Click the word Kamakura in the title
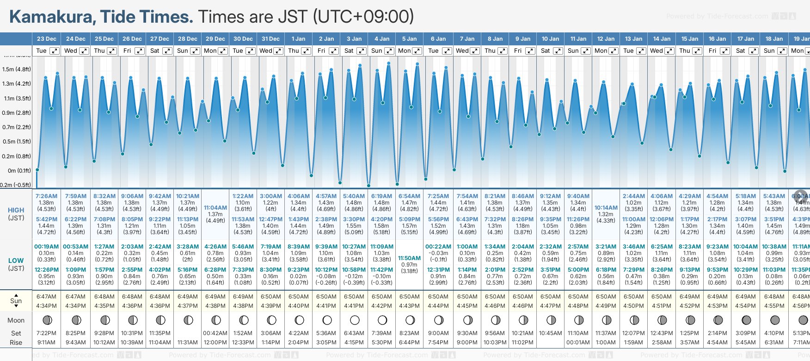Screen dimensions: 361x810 [x=51, y=17]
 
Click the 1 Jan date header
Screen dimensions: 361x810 [x=298, y=39]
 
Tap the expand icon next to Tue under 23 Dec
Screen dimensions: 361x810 [x=54, y=51]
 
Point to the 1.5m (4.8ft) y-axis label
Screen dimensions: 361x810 [x=17, y=69]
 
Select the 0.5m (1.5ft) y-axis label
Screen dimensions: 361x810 [x=17, y=142]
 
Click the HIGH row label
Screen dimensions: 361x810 [x=16, y=210]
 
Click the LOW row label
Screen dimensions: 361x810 [x=16, y=261]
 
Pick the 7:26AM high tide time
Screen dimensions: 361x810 [x=46, y=196]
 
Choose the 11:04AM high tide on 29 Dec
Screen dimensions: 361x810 [x=215, y=208]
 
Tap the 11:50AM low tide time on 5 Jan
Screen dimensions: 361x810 [x=410, y=258]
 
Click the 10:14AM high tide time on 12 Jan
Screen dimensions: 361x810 [x=606, y=208]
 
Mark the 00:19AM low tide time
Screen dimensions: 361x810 [x=46, y=247]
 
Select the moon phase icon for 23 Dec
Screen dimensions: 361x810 [x=47, y=320]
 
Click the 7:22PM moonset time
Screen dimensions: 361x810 [x=46, y=333]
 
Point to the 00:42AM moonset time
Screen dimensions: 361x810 [x=215, y=333]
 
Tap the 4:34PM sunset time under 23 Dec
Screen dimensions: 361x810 [x=46, y=306]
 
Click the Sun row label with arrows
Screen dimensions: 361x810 [x=16, y=301]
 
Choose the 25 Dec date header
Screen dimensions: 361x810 [x=104, y=39]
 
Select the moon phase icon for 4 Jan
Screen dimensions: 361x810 [x=382, y=320]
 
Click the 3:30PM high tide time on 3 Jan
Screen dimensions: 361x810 [x=354, y=219]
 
